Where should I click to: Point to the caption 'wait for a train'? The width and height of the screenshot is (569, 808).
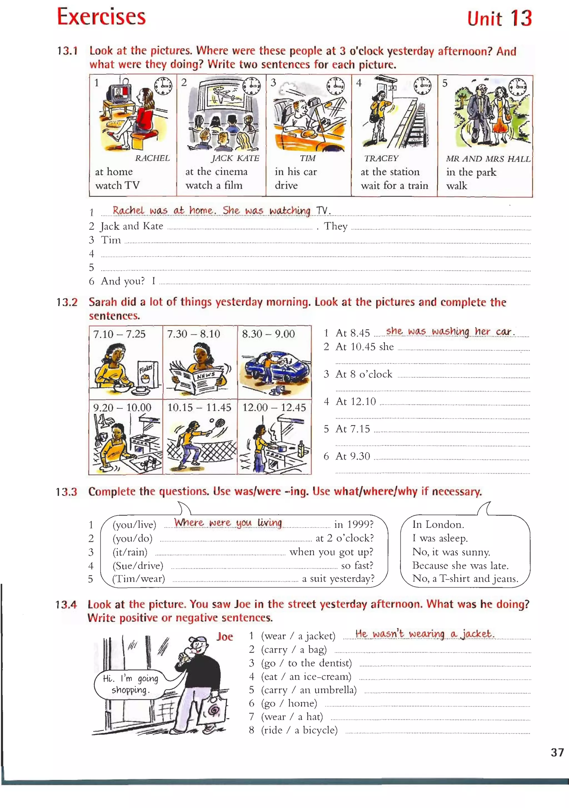pos(394,185)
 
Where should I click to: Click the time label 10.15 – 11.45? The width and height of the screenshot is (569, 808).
pos(199,407)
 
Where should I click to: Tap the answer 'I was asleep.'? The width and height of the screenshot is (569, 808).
pos(440,538)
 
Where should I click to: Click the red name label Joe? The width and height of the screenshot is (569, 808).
pos(225,637)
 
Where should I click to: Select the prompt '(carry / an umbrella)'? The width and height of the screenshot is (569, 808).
pos(308,690)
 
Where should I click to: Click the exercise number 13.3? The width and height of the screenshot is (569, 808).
pos(66,492)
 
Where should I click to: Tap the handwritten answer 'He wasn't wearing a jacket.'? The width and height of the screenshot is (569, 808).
pos(425,634)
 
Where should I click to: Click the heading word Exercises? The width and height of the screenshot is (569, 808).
pos(101,17)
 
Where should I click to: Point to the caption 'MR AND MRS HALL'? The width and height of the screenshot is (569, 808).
pos(488,159)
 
